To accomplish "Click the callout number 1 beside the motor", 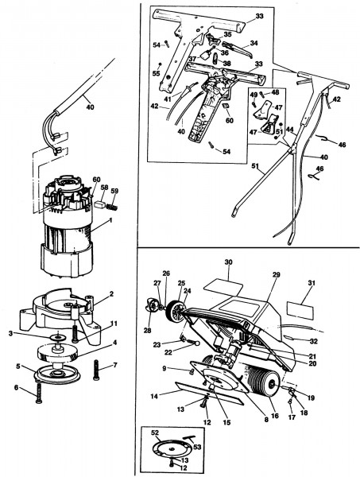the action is coord(110,220).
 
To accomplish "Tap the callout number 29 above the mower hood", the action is coord(276,274).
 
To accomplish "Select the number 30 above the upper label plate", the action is coord(228,262).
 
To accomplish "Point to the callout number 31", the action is coord(312,283).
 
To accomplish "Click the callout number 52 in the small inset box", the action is coord(155,432).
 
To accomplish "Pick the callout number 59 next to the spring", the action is coord(114,191).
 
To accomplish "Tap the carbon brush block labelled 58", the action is coord(100,205).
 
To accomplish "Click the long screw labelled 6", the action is coord(39,393).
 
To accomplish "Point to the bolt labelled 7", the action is coord(96,370).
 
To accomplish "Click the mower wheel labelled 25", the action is coord(176,311).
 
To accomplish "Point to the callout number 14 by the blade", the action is coord(154,396).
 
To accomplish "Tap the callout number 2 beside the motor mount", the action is coord(111,294).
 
